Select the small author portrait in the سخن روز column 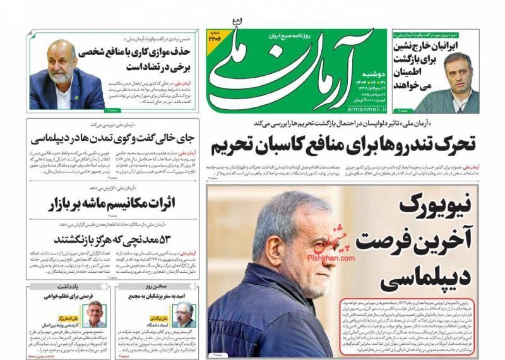point(184,314)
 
